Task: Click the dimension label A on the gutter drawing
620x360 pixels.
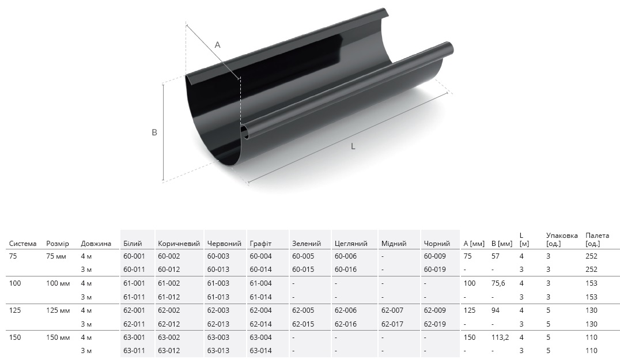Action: pos(217,45)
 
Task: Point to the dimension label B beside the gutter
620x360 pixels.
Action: pos(154,132)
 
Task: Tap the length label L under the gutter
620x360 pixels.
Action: pos(353,146)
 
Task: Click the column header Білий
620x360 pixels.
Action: pos(133,244)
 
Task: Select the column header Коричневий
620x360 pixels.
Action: pos(179,244)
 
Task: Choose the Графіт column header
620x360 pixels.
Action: pos(260,244)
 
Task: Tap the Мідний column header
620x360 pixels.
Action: pos(394,244)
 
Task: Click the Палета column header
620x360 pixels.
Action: pos(597,239)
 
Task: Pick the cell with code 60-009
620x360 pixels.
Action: pos(434,256)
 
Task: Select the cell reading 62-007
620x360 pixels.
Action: pos(392,310)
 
